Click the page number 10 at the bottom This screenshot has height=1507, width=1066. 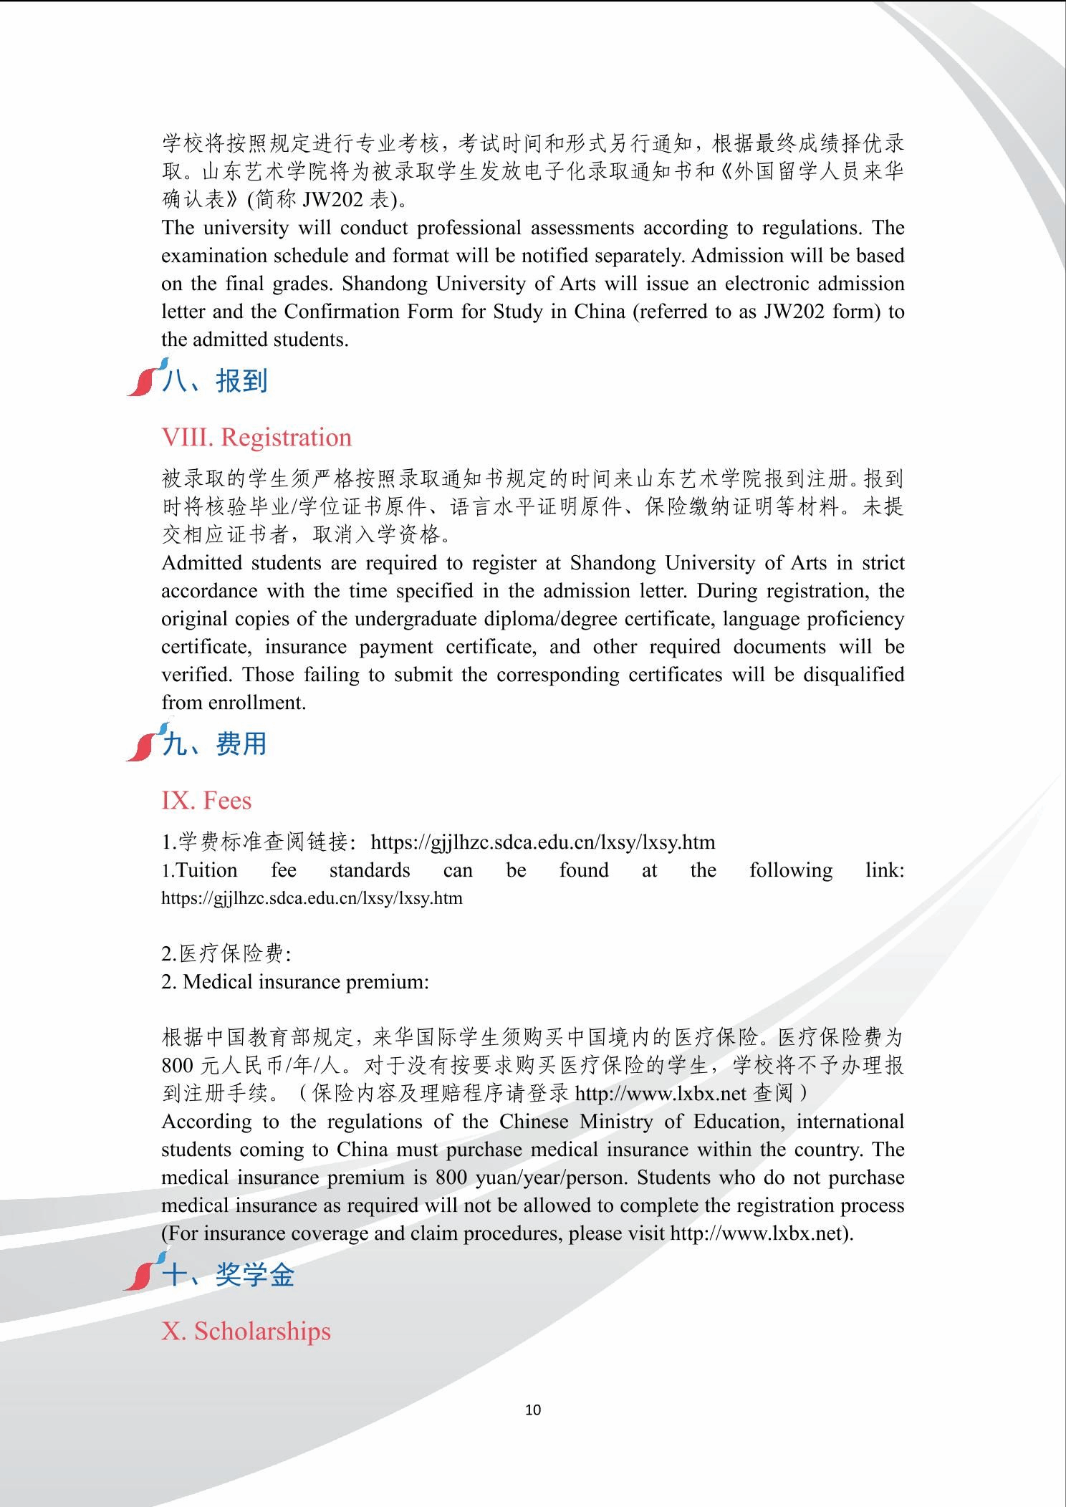tap(533, 1410)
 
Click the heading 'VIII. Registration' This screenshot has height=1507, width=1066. tap(256, 438)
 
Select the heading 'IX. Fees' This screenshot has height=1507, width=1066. tap(206, 801)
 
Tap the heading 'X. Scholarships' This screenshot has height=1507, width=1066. tap(246, 1331)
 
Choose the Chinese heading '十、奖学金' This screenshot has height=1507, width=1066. tap(229, 1275)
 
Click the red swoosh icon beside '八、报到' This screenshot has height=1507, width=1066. tap(143, 380)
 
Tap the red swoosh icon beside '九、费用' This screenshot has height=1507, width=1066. tap(142, 745)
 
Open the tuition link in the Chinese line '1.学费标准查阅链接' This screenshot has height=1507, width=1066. tap(543, 842)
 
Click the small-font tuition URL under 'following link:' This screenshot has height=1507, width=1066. tap(312, 898)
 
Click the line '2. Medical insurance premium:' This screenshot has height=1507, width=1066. tap(295, 982)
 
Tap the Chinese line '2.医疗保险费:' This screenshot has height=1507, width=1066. tap(226, 954)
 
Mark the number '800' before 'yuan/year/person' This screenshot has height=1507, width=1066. tap(451, 1178)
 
